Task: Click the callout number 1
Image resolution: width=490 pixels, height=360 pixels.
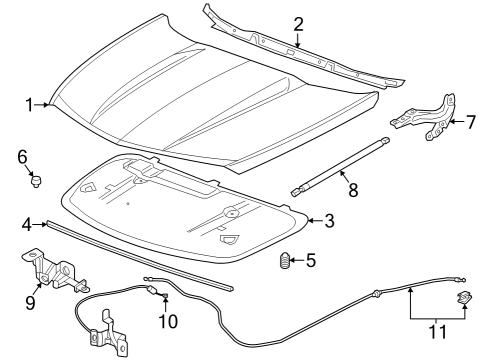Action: click(x=30, y=102)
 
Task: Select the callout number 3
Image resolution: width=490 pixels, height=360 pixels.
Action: click(x=317, y=219)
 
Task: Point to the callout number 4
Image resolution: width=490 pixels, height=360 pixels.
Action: click(x=28, y=223)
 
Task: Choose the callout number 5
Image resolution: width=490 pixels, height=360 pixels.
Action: click(x=311, y=261)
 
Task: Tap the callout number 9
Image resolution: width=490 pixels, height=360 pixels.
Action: click(x=29, y=299)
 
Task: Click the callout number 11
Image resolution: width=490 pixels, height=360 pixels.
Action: click(x=435, y=329)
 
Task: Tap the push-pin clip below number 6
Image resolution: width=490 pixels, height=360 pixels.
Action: click(x=37, y=181)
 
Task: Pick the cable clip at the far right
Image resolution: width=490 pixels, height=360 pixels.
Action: click(x=464, y=297)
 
